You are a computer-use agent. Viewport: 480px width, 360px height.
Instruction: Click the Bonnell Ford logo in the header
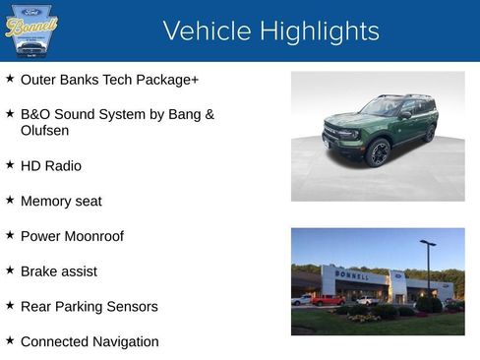point(31,30)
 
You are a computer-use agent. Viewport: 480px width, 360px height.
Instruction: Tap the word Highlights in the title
point(316,31)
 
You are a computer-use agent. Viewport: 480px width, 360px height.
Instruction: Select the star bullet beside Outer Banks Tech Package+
point(10,79)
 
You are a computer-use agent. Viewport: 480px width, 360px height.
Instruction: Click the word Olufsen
point(45,130)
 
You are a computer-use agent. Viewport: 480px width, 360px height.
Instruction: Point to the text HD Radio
point(51,165)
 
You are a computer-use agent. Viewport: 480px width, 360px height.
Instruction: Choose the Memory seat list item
point(61,201)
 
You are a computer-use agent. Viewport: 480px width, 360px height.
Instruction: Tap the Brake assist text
point(59,270)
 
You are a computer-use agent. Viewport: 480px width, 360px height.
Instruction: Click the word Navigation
point(123,341)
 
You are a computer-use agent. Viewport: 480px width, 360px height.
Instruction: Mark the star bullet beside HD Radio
point(10,165)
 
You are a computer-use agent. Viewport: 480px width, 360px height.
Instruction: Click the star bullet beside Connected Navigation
point(10,341)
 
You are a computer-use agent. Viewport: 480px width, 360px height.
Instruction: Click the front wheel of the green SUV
point(378,152)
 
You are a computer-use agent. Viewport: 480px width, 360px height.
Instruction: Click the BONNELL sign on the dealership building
point(352,275)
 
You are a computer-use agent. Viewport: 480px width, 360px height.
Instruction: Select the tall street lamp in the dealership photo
point(428,266)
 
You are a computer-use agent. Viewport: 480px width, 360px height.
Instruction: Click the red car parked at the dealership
point(328,300)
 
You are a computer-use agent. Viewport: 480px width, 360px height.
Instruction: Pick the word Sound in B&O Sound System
point(80,114)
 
